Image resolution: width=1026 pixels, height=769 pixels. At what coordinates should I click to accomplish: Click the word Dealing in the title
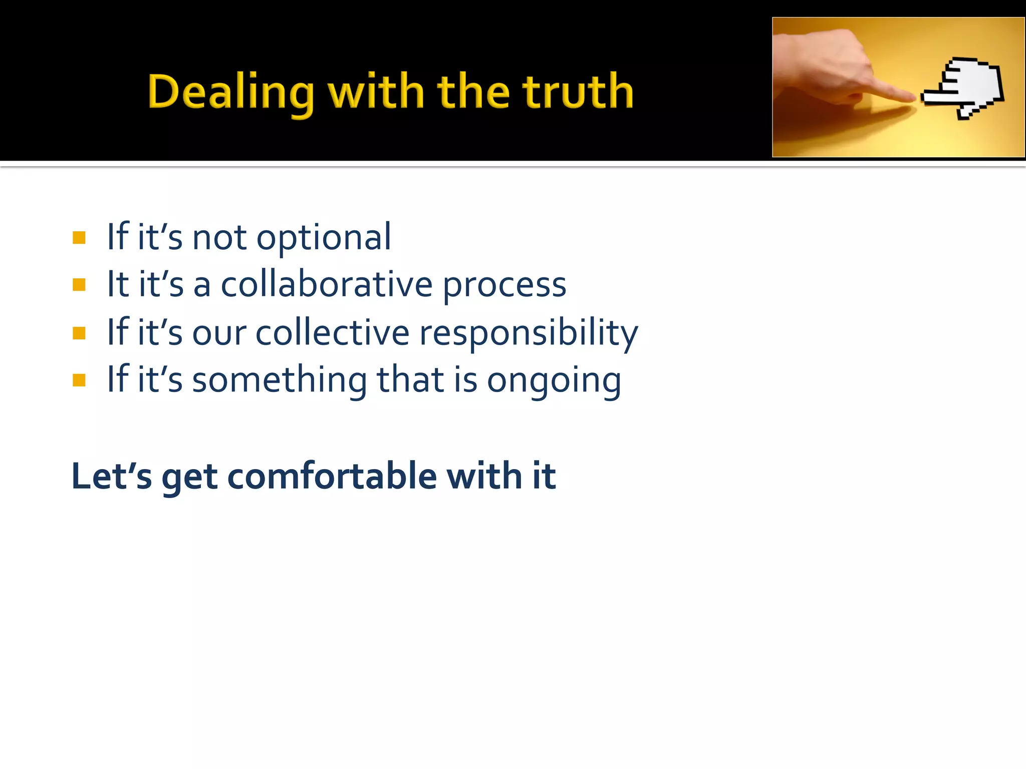231,93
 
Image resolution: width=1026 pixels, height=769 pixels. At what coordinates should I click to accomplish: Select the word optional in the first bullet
324,238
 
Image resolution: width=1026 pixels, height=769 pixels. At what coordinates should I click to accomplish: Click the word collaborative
327,285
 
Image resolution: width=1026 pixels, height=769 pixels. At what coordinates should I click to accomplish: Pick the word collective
333,332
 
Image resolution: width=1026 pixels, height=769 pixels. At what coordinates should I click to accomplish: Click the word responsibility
529,333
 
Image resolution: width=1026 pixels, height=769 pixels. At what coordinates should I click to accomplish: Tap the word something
280,380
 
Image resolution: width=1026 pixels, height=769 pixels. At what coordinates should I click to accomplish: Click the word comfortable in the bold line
332,476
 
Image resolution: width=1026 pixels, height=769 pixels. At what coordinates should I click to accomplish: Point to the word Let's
111,476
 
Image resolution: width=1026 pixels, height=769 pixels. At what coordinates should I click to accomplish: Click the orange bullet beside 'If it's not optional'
79,237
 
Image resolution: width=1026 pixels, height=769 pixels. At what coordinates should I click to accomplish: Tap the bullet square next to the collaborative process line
79,285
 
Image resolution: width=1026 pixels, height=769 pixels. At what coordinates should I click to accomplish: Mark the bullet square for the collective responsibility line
79,333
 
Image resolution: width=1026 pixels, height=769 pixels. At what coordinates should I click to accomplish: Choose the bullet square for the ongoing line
79,380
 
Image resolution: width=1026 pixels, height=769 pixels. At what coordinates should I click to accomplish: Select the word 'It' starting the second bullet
118,285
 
